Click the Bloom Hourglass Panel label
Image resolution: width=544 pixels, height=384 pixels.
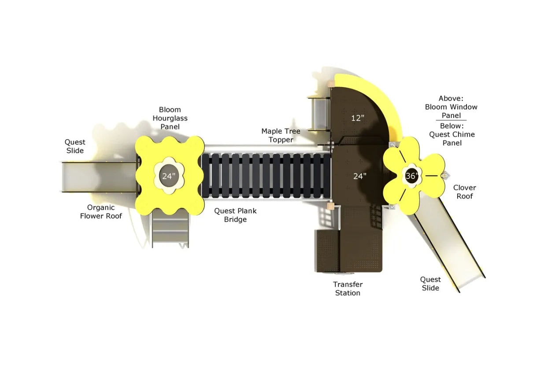[x=170, y=118]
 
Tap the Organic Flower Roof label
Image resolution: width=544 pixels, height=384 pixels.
[x=101, y=212]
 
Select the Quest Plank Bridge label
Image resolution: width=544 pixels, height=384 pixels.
[x=235, y=215]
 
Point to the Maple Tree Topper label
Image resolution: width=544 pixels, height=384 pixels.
[x=281, y=136]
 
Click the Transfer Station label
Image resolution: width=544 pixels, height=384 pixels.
[x=348, y=288]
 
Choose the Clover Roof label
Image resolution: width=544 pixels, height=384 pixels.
[x=465, y=192]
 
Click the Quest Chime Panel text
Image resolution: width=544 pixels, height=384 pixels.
[x=451, y=139]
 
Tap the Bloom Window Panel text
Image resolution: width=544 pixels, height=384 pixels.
[x=451, y=111]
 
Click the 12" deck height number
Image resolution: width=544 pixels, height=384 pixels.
[x=358, y=118]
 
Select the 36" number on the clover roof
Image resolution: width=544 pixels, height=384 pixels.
[x=412, y=176]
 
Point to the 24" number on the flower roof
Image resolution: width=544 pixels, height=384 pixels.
[x=169, y=176]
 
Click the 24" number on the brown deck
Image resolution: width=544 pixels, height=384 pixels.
[x=360, y=176]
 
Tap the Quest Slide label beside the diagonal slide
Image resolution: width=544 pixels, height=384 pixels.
[x=430, y=284]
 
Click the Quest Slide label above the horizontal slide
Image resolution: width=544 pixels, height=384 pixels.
[x=75, y=146]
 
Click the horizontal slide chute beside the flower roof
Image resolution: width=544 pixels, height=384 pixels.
[x=99, y=177]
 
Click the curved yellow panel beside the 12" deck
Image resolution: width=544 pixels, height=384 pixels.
[x=379, y=102]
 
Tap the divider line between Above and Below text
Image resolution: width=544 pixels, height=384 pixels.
[x=451, y=120]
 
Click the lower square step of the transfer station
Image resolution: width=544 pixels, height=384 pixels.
[x=327, y=251]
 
